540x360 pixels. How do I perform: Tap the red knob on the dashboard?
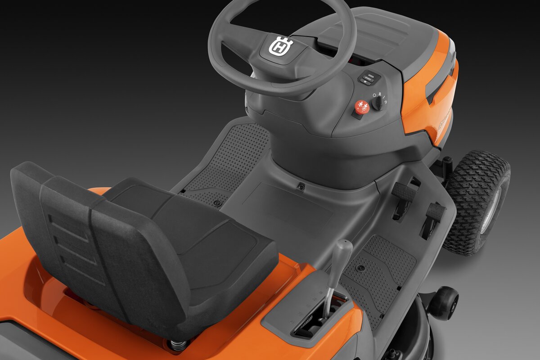(x=362, y=107)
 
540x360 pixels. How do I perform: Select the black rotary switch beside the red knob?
(x=378, y=103)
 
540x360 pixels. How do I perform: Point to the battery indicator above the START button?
(x=371, y=76)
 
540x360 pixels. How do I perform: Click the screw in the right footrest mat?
(x=360, y=268)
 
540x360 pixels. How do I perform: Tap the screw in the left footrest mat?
(x=217, y=203)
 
